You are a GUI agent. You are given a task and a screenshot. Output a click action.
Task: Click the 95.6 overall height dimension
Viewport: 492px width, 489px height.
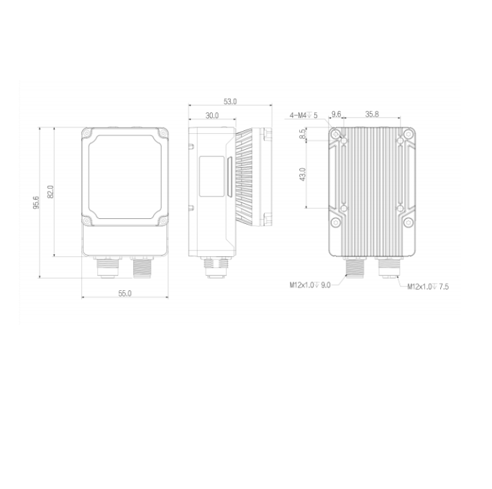tap(36, 202)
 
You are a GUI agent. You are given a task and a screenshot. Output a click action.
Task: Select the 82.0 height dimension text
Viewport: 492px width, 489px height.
tap(50, 192)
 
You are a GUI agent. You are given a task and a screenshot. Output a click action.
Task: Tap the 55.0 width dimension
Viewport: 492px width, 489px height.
tap(125, 293)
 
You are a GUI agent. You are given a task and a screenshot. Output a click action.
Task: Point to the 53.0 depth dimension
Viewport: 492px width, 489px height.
tap(230, 102)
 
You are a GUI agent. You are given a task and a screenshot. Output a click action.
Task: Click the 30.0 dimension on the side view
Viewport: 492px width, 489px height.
tap(212, 115)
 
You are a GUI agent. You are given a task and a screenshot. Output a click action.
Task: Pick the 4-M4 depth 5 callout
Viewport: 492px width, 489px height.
tap(304, 115)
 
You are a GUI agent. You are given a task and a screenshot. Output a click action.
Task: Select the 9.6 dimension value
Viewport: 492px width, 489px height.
tap(336, 114)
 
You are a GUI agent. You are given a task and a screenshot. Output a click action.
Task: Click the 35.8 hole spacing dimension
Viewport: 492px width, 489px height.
tap(372, 114)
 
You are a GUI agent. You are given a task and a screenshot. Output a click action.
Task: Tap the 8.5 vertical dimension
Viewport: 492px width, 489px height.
tap(302, 134)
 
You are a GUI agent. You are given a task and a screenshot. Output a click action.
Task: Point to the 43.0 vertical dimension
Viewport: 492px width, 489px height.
tap(303, 174)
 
